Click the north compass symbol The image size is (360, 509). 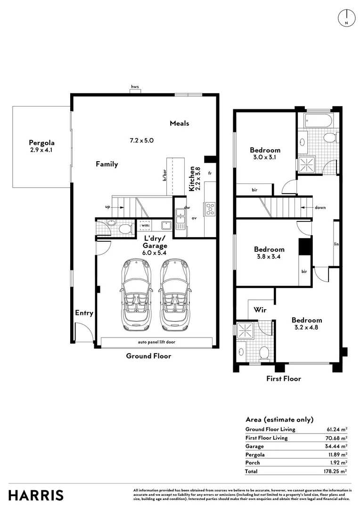click(347, 18)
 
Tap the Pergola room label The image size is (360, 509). click(41, 142)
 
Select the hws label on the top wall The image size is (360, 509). click(135, 87)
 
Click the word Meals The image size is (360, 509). click(179, 123)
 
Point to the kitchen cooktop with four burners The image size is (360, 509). click(210, 209)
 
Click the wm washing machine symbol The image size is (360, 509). click(145, 225)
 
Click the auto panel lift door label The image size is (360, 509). click(156, 342)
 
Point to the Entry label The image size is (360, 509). click(84, 313)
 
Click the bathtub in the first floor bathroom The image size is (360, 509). click(319, 121)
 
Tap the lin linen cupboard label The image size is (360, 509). click(336, 244)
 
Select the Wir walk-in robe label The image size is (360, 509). click(260, 310)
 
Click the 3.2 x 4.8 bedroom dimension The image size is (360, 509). click(306, 327)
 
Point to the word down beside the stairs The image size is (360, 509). click(320, 207)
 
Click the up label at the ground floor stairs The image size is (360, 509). click(107, 207)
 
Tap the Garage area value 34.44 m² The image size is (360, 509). click(336, 446)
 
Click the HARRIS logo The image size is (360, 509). click(36, 495)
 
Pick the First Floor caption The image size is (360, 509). click(283, 378)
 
